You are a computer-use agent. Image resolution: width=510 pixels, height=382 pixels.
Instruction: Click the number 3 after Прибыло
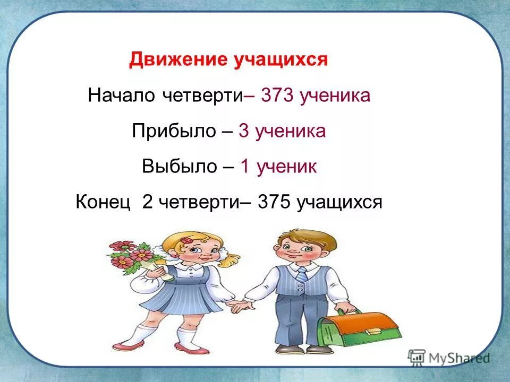coord(244,131)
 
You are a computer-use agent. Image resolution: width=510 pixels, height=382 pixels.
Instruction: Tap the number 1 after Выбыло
coord(245,167)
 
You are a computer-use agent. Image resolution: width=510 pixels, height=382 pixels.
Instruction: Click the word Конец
coord(103,202)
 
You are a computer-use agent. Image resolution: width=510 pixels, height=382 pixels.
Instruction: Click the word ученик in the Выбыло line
coord(287,167)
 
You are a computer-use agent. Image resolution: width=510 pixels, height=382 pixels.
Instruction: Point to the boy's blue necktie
coord(302,274)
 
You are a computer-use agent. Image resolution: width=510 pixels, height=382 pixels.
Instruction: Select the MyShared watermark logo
coord(449,357)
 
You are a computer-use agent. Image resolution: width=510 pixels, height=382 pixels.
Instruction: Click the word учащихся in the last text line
coord(339,202)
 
